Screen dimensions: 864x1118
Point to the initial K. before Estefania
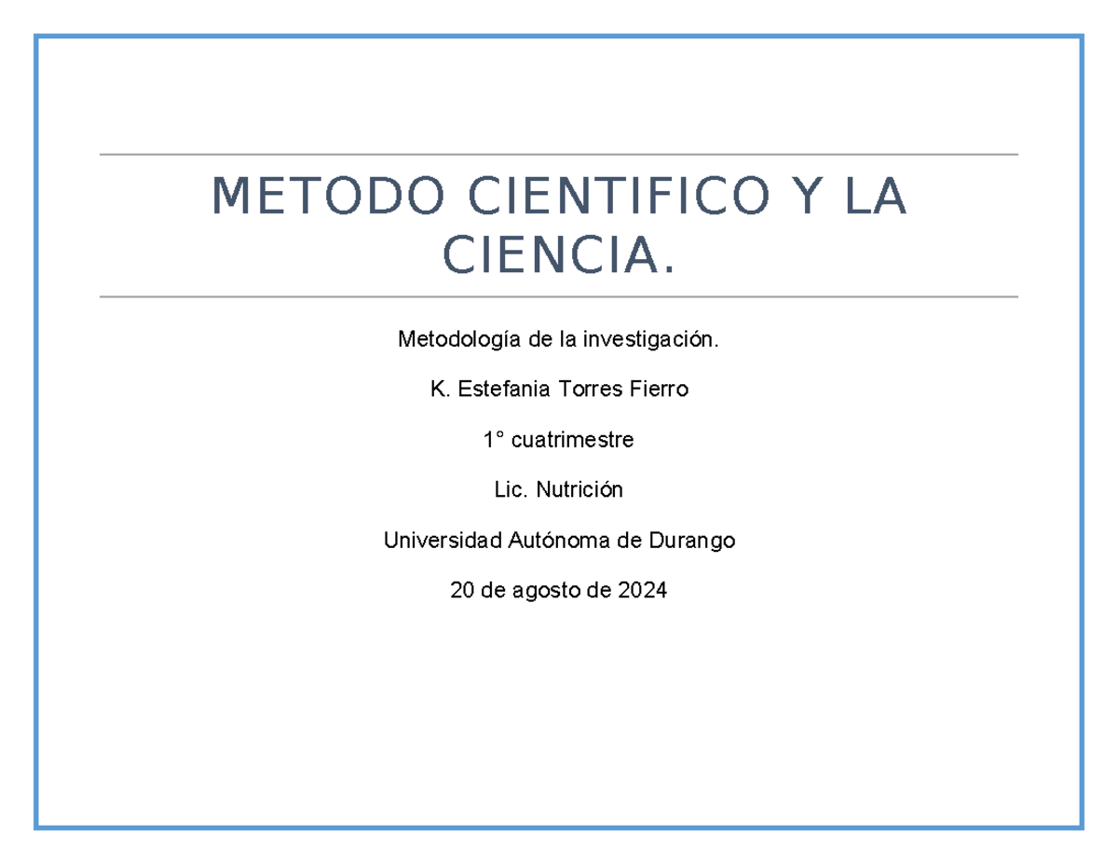tap(437, 390)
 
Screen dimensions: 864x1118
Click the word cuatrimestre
tap(572, 440)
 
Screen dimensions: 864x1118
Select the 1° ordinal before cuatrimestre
tap(492, 440)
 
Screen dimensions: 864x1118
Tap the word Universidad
tap(429, 540)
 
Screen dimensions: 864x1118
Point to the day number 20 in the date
tap(461, 590)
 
